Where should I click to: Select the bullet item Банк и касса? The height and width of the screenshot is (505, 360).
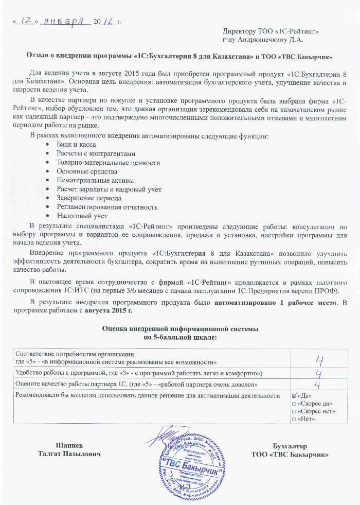point(77,145)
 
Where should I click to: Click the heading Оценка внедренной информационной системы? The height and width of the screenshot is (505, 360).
point(179,328)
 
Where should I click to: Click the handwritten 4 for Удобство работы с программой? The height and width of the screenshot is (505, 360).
point(319,373)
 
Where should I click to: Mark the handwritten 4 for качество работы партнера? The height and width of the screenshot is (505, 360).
point(318,384)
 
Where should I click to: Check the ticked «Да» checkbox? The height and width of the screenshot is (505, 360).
point(294,396)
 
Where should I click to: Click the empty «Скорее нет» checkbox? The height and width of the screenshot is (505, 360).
point(294,411)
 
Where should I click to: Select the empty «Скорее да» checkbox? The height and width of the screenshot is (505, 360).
point(294,404)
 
